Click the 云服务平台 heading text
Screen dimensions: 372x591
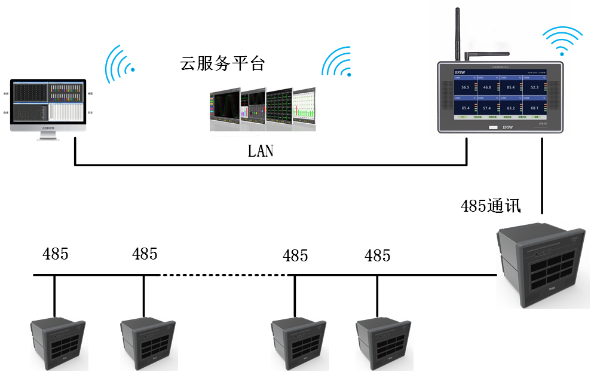[x=222, y=64]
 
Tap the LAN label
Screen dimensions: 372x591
[x=261, y=151]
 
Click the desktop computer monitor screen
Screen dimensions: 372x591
[x=48, y=103]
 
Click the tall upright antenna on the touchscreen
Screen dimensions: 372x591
[x=458, y=33]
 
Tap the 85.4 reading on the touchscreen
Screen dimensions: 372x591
[x=510, y=87]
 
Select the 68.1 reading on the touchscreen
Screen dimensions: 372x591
[x=534, y=108]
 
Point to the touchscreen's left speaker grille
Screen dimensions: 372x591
[x=445, y=96]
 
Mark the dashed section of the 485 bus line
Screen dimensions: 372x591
[x=224, y=275]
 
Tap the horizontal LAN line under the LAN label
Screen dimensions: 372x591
[x=269, y=165]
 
